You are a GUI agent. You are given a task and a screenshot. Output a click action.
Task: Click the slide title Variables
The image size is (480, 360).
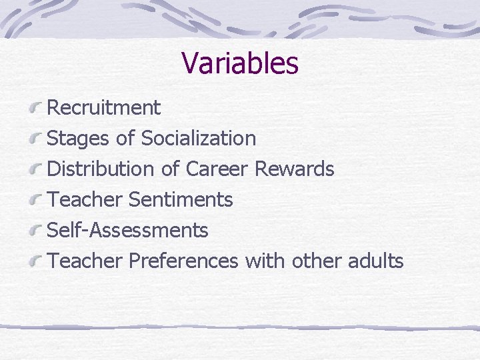coord(239,63)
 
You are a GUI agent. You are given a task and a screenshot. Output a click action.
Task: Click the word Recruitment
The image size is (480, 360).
coord(104,107)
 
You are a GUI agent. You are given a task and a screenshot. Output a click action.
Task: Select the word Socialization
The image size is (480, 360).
coord(198,138)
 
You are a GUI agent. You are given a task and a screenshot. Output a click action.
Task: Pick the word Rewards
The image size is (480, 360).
coord(295,169)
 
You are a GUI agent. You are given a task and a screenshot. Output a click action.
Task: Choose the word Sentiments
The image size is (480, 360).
coord(181,199)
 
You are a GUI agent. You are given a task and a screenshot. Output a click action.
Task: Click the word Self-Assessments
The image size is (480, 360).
coord(128,230)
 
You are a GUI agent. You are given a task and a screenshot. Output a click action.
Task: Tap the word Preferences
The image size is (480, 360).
coord(184,261)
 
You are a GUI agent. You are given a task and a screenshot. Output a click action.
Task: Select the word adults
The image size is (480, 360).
coord(375,261)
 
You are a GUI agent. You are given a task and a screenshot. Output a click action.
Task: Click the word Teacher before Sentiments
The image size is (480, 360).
coord(86,199)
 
